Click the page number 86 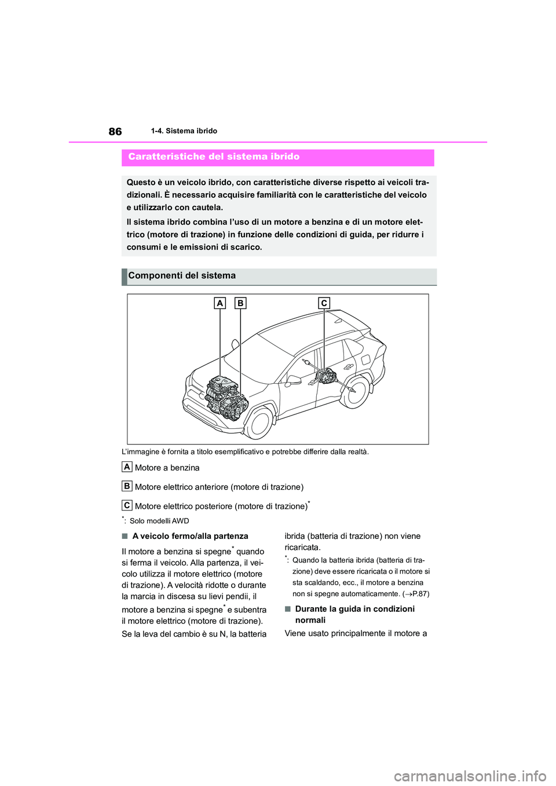coord(115,131)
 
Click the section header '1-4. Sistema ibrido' coord(184,131)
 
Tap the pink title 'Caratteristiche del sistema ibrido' coord(214,157)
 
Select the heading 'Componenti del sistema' coord(182,276)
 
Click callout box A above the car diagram coord(220,303)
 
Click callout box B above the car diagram coord(240,303)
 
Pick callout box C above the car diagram coord(324,303)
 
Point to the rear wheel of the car coord(355,392)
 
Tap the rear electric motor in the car coord(325,377)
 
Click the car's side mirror coord(293,380)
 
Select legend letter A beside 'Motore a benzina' coord(127,467)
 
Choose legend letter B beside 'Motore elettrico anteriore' coord(127,486)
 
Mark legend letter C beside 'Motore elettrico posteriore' coord(127,505)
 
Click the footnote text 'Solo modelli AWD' coord(159,521)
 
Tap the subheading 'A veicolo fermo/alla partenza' coord(190,537)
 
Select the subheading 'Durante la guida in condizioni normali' coord(354,615)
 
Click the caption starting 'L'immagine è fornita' coord(245,452)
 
